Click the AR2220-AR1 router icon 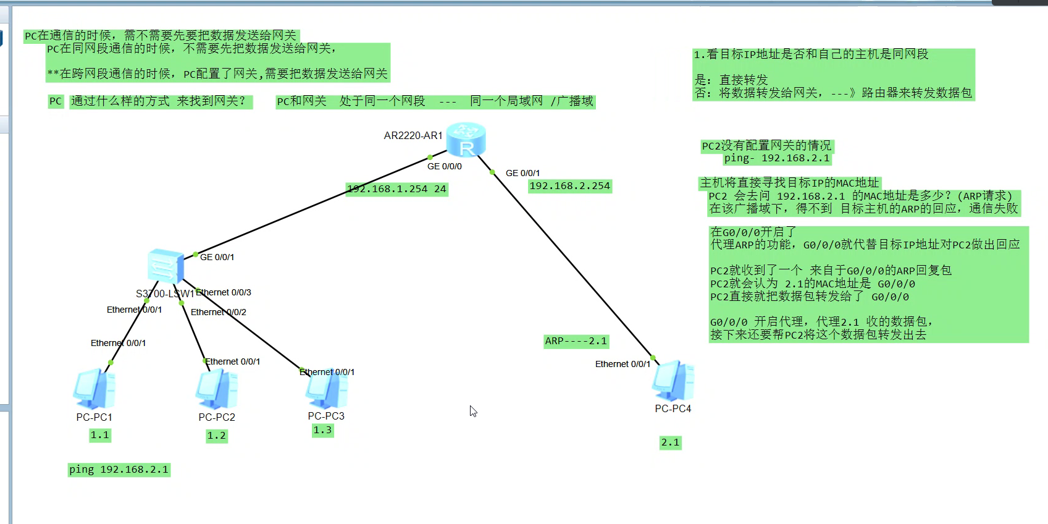pos(466,140)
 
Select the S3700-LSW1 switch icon pos(166,266)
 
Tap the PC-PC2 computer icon pos(216,389)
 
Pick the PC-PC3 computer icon pos(327,389)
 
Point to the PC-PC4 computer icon pos(673,381)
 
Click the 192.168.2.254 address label pos(569,186)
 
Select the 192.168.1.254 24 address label pos(396,189)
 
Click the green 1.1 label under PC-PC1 pos(99,435)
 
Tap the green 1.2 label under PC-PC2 pos(216,436)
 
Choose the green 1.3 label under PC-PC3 pos(322,430)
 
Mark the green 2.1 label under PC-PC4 pos(670,442)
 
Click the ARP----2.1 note pos(576,341)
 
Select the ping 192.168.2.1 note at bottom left pos(119,470)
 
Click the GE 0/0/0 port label pos(444,166)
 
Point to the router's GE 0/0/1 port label pos(522,173)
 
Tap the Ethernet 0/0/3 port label pos(224,292)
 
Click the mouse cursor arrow pos(472,410)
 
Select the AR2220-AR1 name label pos(413,135)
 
